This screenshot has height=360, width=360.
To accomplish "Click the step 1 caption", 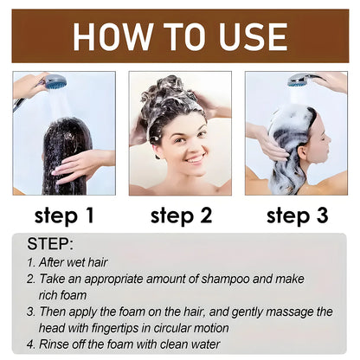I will (x=64, y=215).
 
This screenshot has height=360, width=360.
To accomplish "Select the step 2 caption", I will (x=181, y=215).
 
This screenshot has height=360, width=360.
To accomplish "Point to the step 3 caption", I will (x=297, y=215).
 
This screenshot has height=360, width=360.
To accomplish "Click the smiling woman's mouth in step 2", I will (x=195, y=159).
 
